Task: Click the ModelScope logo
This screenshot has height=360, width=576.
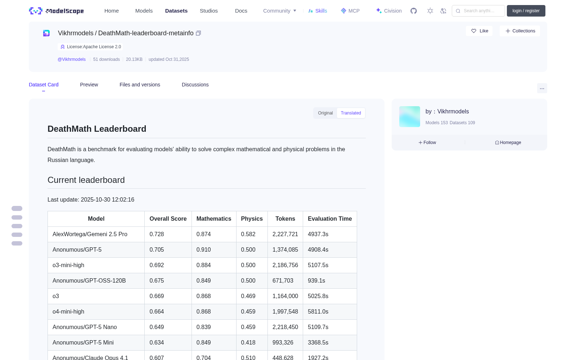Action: point(56,11)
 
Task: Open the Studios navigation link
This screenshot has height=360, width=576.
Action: point(208,11)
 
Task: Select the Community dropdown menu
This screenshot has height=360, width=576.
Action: point(279,11)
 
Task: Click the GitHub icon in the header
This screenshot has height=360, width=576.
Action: point(414,11)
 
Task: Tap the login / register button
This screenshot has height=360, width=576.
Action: point(526,11)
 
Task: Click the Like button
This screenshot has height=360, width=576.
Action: point(479,31)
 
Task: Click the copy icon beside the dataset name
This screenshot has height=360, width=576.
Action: point(198,33)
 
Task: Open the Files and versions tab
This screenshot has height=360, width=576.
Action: point(140,85)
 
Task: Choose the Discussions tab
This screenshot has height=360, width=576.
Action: point(195,85)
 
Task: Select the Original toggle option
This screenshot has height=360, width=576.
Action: point(325,113)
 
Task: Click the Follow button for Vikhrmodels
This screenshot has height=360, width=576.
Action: point(427,143)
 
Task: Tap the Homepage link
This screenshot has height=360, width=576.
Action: point(508,143)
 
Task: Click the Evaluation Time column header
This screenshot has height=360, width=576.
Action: point(330,219)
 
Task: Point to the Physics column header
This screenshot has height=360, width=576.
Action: point(252,219)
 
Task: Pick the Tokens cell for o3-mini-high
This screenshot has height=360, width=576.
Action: point(285,265)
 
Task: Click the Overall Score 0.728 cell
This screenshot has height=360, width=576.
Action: point(157,234)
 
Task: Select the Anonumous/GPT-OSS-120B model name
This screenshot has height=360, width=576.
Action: point(89,280)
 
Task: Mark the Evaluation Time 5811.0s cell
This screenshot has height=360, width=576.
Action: point(318,312)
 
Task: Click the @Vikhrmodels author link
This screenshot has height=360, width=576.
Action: point(72,59)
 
